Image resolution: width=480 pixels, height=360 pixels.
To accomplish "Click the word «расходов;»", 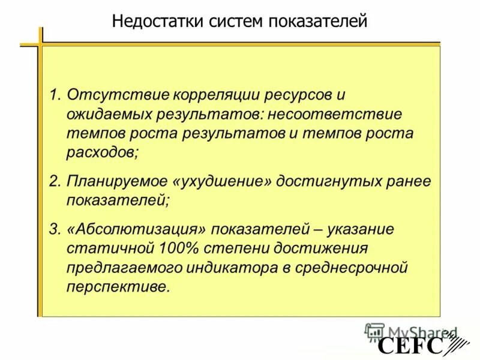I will [x=103, y=152].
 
